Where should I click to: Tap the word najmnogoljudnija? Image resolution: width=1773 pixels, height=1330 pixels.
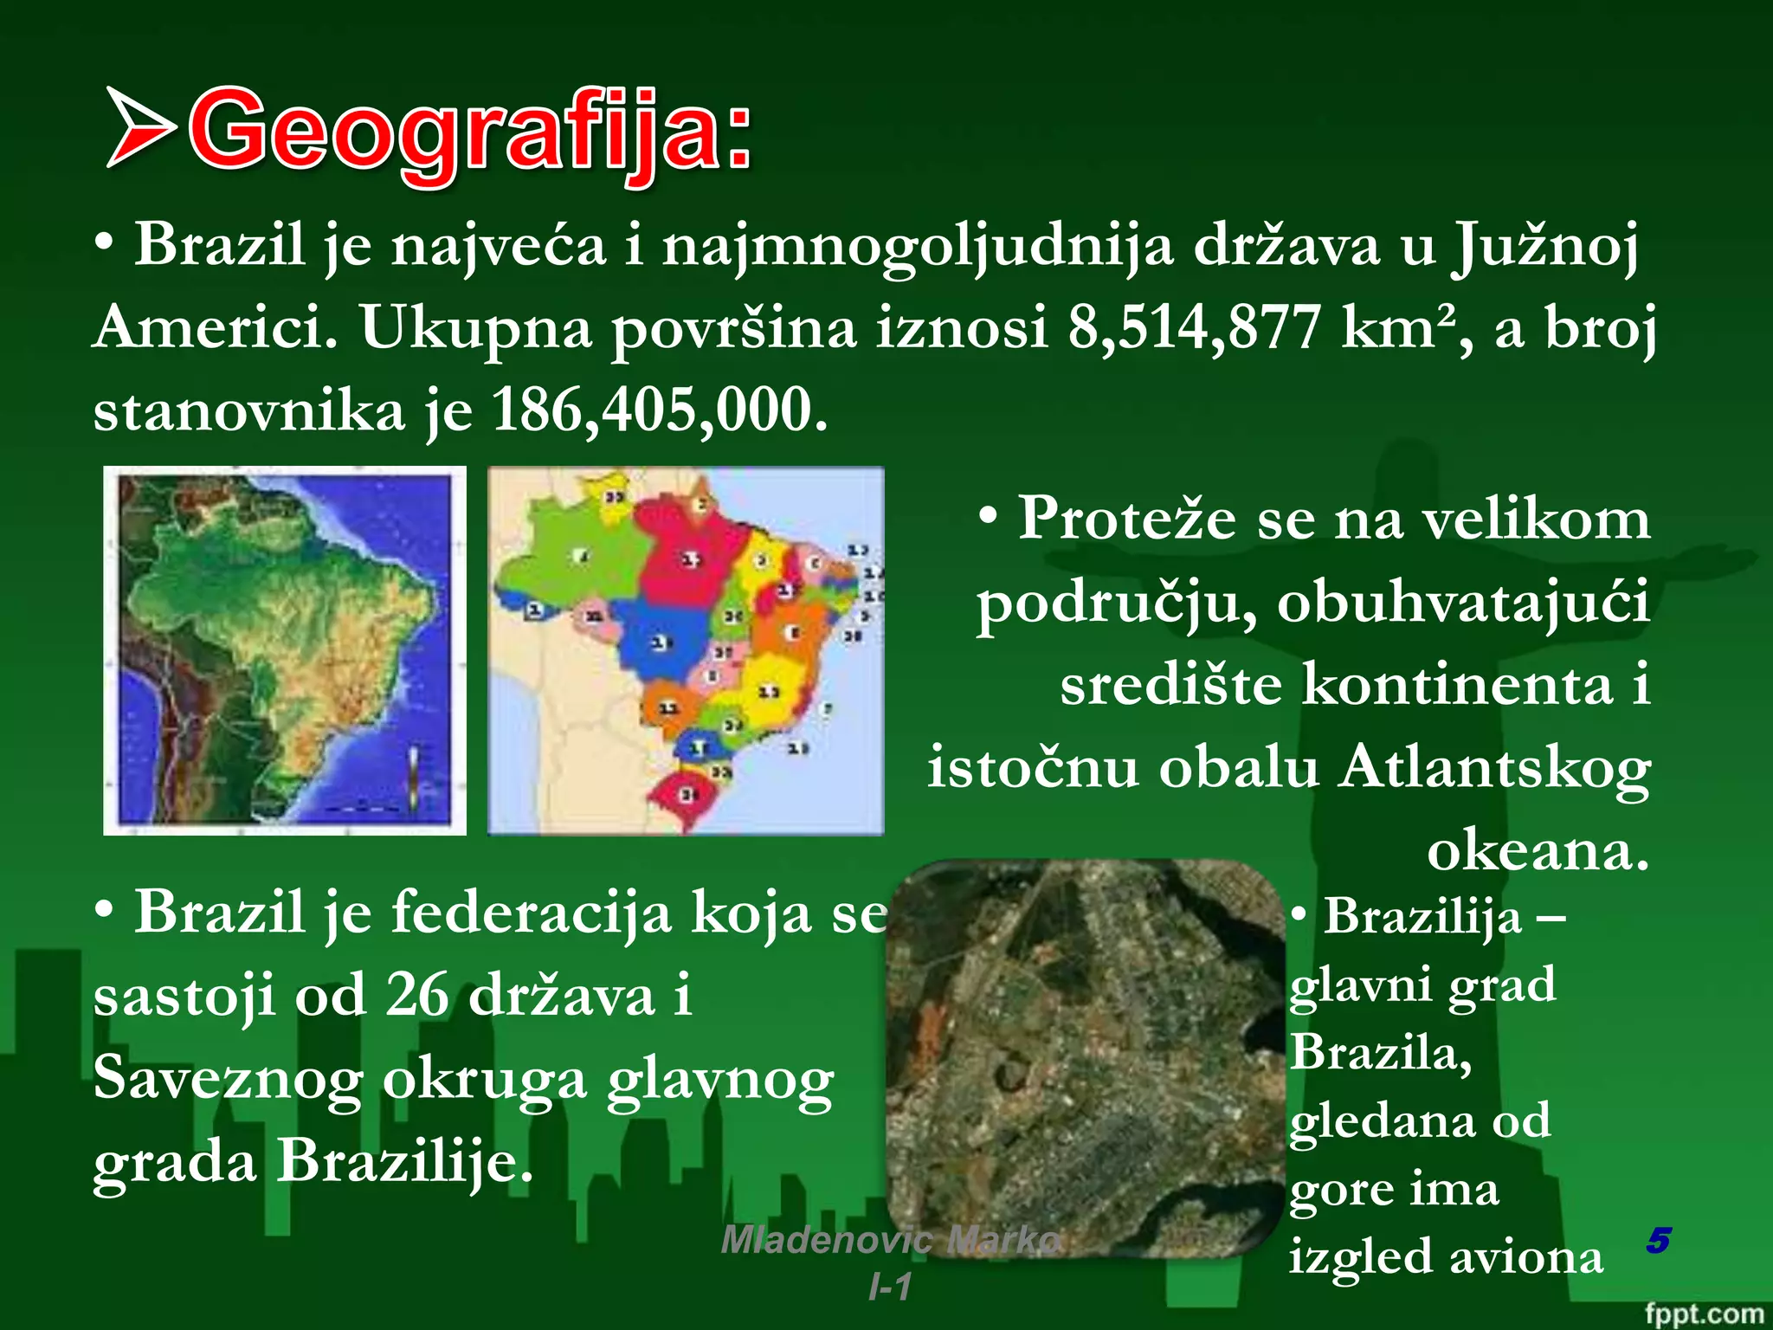(x=917, y=246)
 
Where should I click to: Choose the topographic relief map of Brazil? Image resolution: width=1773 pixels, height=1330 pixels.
(x=285, y=650)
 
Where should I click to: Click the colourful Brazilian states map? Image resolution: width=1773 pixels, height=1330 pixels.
(x=686, y=650)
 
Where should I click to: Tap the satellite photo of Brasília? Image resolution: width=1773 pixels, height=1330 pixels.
(x=1084, y=1056)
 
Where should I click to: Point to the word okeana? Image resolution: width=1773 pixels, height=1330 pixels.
(x=1538, y=850)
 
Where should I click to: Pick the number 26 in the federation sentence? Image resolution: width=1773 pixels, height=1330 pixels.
(x=416, y=995)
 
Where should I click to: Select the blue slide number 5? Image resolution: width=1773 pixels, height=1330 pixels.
(x=1658, y=1240)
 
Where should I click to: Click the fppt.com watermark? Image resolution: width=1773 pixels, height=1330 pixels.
(x=1703, y=1313)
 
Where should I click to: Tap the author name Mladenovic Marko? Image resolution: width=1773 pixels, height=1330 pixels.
(x=890, y=1240)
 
